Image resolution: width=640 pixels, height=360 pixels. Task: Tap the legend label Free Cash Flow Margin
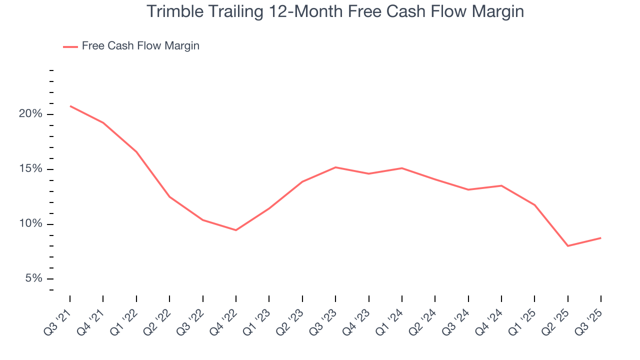click(140, 46)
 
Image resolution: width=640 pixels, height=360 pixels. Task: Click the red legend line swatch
click(70, 46)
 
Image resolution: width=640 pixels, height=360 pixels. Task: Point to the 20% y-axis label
click(30, 114)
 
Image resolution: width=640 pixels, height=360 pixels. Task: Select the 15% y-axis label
click(30, 169)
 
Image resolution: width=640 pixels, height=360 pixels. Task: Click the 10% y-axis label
click(30, 224)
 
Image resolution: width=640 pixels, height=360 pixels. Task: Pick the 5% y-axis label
click(33, 278)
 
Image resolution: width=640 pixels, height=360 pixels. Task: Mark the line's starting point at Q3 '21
click(70, 106)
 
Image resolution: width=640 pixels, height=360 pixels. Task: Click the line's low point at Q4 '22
click(236, 230)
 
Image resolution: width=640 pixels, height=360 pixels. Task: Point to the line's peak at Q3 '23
click(335, 167)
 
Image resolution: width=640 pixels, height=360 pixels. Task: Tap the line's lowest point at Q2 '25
click(568, 246)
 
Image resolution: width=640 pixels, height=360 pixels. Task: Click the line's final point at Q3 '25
click(601, 237)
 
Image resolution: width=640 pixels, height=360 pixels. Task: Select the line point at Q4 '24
click(501, 185)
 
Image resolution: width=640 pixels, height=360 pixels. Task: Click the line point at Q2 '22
click(169, 196)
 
